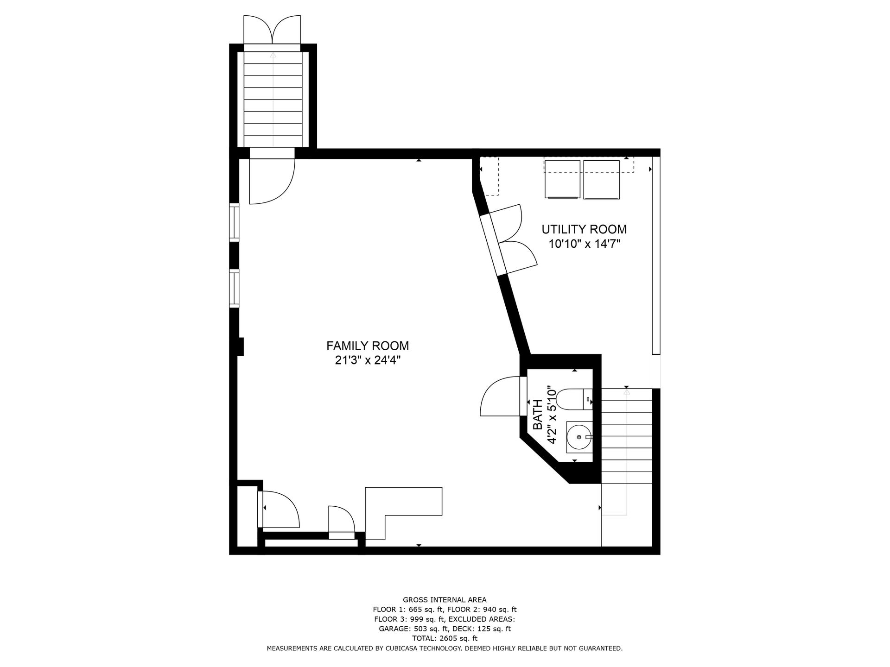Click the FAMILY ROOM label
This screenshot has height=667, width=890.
click(x=368, y=346)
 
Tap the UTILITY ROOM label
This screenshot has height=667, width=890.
click(x=584, y=229)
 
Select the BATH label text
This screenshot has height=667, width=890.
click(x=538, y=415)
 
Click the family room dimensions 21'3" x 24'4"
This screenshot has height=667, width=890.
click(x=368, y=360)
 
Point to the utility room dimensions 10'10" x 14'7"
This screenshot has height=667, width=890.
click(x=584, y=244)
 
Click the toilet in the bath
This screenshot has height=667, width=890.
click(x=574, y=399)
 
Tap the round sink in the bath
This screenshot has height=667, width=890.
click(x=579, y=437)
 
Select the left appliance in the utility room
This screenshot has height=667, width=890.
click(x=562, y=180)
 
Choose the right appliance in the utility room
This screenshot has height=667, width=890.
click(x=601, y=180)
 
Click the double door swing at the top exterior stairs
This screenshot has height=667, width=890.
click(x=272, y=29)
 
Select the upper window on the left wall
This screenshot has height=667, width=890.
click(x=234, y=222)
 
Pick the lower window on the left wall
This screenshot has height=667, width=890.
click(x=234, y=289)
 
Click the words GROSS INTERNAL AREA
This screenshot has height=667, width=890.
click(x=445, y=600)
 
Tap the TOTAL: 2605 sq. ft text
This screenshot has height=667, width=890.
click(x=445, y=638)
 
